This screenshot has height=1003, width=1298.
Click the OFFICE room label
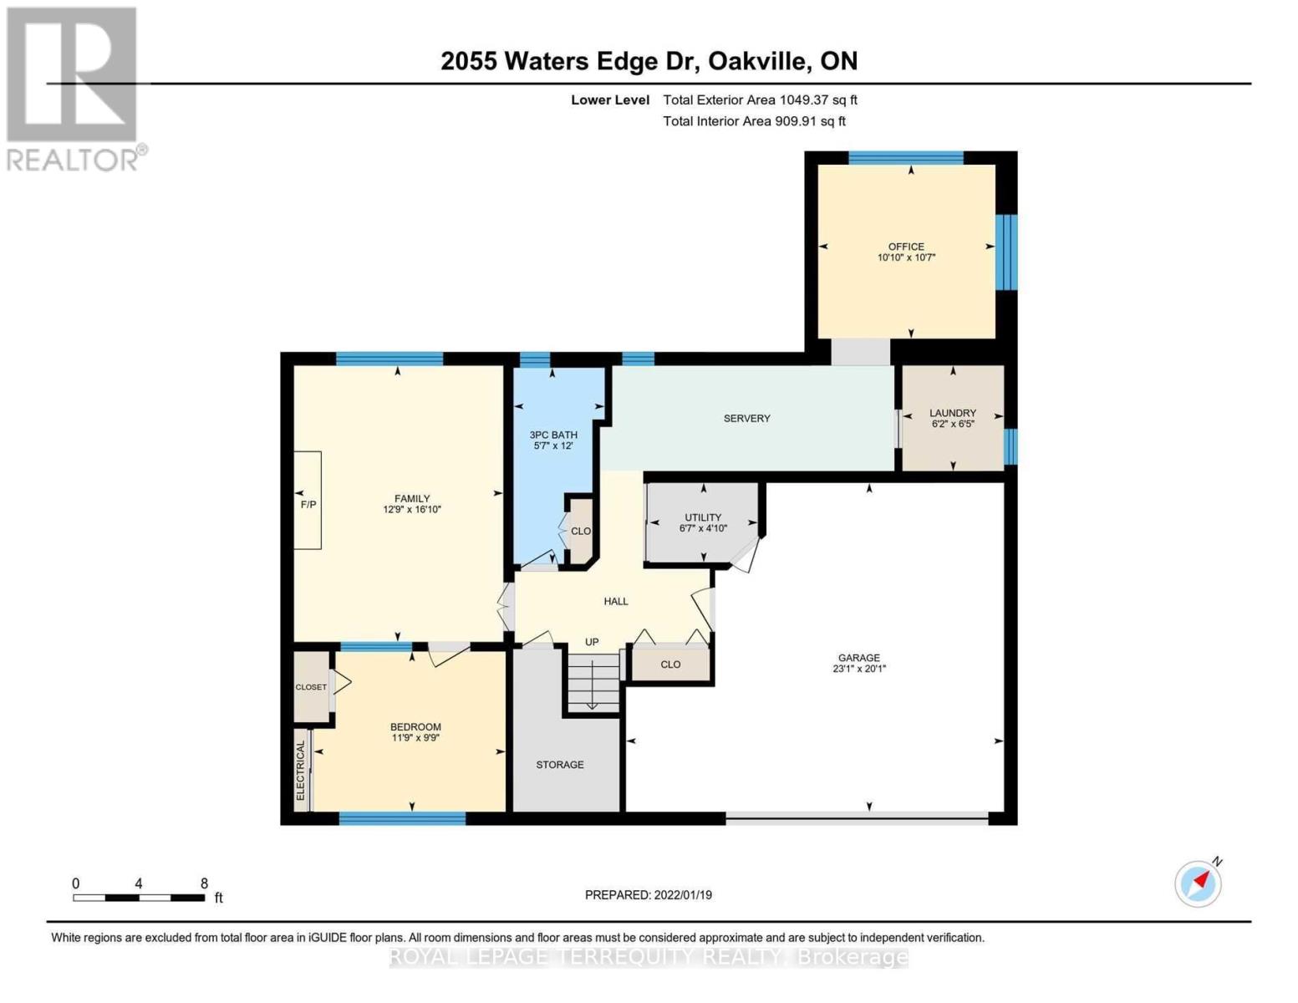click(x=905, y=247)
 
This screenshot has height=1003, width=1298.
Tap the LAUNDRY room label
click(x=953, y=413)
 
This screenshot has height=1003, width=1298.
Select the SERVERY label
click(x=746, y=418)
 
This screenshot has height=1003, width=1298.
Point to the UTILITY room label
click(x=703, y=517)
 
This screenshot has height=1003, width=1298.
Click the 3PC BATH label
click(x=554, y=435)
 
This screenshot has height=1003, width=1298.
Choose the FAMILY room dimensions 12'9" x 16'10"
click(x=412, y=510)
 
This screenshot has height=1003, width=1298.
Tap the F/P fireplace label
click(x=308, y=505)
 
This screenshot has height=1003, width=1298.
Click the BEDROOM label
click(x=415, y=727)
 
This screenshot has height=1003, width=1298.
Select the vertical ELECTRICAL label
click(x=300, y=771)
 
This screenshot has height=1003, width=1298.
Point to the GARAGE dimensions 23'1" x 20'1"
click(x=859, y=669)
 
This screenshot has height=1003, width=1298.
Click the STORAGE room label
click(x=560, y=765)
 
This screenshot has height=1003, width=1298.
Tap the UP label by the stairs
click(x=592, y=642)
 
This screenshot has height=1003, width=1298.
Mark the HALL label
click(x=616, y=602)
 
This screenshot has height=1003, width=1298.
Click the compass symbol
click(x=1198, y=883)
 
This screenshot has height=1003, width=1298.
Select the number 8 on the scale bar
click(x=204, y=883)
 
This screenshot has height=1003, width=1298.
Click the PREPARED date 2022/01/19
click(x=683, y=895)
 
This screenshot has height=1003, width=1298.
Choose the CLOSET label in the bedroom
click(x=311, y=687)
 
